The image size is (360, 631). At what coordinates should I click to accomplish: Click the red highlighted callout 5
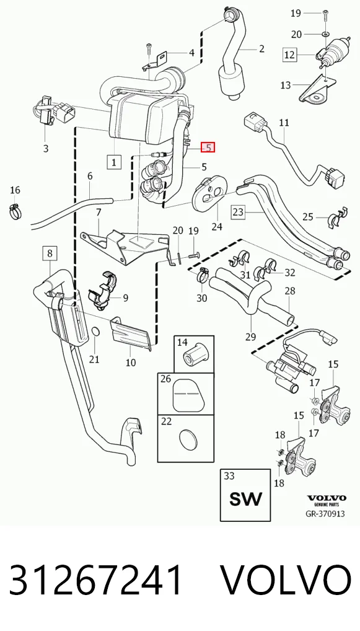tap(208, 148)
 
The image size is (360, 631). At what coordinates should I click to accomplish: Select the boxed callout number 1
tap(114, 162)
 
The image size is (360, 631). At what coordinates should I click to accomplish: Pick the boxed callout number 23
tap(238, 211)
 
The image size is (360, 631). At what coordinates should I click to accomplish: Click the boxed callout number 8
tap(50, 254)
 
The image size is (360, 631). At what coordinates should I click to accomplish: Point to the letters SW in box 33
tap(245, 498)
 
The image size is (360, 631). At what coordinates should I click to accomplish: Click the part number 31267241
tap(96, 580)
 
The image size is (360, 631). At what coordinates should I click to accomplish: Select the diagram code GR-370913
tap(325, 514)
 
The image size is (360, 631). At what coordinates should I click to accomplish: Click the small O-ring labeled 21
tap(95, 332)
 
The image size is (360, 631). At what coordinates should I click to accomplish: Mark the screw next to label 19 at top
tap(325, 15)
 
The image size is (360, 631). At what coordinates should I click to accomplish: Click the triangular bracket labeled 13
tap(316, 90)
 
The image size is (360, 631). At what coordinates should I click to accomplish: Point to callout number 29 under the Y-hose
tap(250, 337)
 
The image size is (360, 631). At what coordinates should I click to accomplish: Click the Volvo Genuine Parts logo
tap(326, 500)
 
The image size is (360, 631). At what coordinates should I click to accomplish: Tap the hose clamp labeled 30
tap(202, 275)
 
